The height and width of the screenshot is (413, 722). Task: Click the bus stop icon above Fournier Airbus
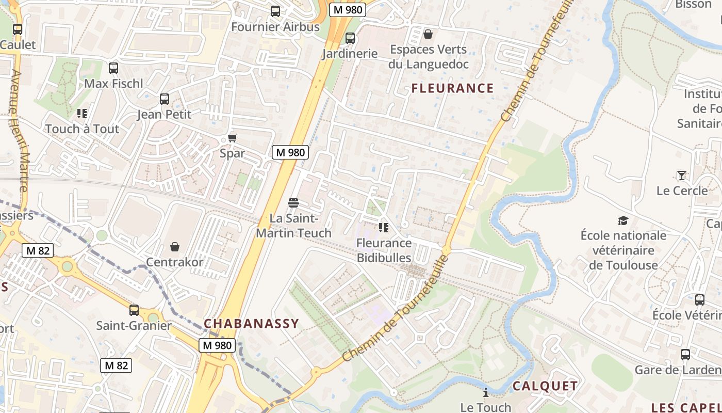click(x=275, y=11)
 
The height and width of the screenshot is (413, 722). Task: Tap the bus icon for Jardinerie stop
click(x=350, y=38)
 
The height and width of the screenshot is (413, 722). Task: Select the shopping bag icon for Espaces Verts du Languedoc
click(x=428, y=34)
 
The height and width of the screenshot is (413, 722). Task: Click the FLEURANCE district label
click(x=452, y=88)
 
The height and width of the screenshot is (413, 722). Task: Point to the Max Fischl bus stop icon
click(x=113, y=68)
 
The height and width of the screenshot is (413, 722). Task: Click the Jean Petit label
click(x=164, y=114)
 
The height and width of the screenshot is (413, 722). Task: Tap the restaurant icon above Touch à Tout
click(x=81, y=113)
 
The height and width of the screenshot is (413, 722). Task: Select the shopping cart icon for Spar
click(x=232, y=138)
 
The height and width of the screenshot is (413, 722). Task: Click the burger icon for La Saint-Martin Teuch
click(x=293, y=202)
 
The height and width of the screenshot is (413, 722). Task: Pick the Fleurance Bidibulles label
click(x=384, y=250)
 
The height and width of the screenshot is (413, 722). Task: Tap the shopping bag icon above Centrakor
click(x=175, y=247)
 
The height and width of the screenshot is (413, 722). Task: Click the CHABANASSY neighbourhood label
click(x=251, y=324)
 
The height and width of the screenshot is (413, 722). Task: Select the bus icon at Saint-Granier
click(x=134, y=310)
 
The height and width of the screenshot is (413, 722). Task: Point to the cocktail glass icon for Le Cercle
click(x=681, y=176)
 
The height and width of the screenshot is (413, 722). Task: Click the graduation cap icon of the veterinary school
click(x=623, y=221)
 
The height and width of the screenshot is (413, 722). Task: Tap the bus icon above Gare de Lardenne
click(x=685, y=355)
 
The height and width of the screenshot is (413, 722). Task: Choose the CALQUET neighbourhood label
click(x=545, y=386)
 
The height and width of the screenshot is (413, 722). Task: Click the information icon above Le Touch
click(x=485, y=392)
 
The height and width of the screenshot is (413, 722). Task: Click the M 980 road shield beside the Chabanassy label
click(x=218, y=345)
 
